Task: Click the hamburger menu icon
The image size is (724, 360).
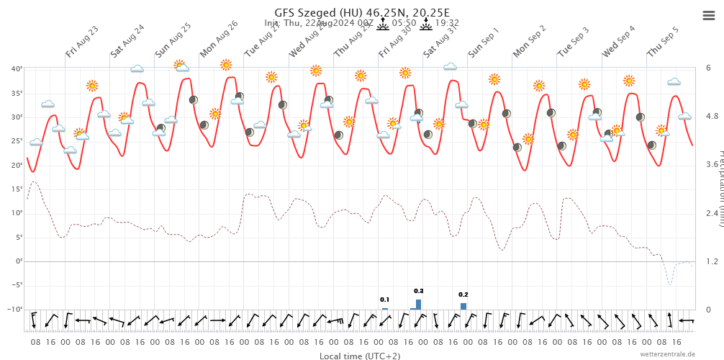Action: [x=708, y=16]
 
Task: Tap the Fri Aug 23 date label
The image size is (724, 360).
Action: [x=82, y=42]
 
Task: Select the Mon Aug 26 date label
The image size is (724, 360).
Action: [x=219, y=39]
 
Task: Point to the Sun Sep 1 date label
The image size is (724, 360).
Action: [x=484, y=42]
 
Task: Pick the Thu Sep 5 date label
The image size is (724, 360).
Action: [x=663, y=42]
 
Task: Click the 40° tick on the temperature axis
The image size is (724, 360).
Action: [x=17, y=68]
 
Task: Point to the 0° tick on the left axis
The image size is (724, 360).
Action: [x=19, y=261]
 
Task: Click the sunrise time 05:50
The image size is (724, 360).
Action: [x=404, y=23]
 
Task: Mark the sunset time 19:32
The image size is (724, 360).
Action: [x=447, y=23]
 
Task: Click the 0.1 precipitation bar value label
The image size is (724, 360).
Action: [x=385, y=300]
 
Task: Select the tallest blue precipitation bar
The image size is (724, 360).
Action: [x=419, y=305]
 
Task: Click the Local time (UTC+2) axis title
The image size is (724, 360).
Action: [x=360, y=356]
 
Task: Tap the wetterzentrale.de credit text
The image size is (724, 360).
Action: [x=668, y=354]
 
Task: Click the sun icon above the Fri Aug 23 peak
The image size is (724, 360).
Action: [x=92, y=86]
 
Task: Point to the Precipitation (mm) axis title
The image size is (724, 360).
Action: [x=720, y=187]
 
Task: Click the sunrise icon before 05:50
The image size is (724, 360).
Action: [x=383, y=24]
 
